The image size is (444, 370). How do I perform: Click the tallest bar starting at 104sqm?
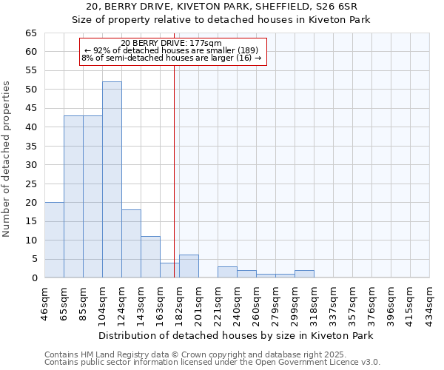coord(112,180)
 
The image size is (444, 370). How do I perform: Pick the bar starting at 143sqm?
coord(150,257)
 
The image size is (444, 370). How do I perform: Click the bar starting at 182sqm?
coord(189,266)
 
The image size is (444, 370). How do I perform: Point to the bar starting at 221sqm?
coord(227,272)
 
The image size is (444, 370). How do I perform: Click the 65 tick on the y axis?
coord(30,33)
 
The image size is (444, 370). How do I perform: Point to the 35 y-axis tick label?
coord(30,146)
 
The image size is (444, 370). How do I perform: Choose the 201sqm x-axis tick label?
coord(198,301)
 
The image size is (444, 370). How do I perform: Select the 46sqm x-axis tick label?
coord(44,301)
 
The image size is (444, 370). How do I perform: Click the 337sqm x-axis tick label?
coord(333,301)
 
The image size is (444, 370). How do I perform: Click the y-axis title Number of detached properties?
coord(7,159)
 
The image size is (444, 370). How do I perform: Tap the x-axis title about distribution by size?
coord(236,335)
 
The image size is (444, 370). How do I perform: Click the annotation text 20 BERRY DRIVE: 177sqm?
coord(171,43)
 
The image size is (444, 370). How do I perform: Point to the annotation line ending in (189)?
coord(171,50)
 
